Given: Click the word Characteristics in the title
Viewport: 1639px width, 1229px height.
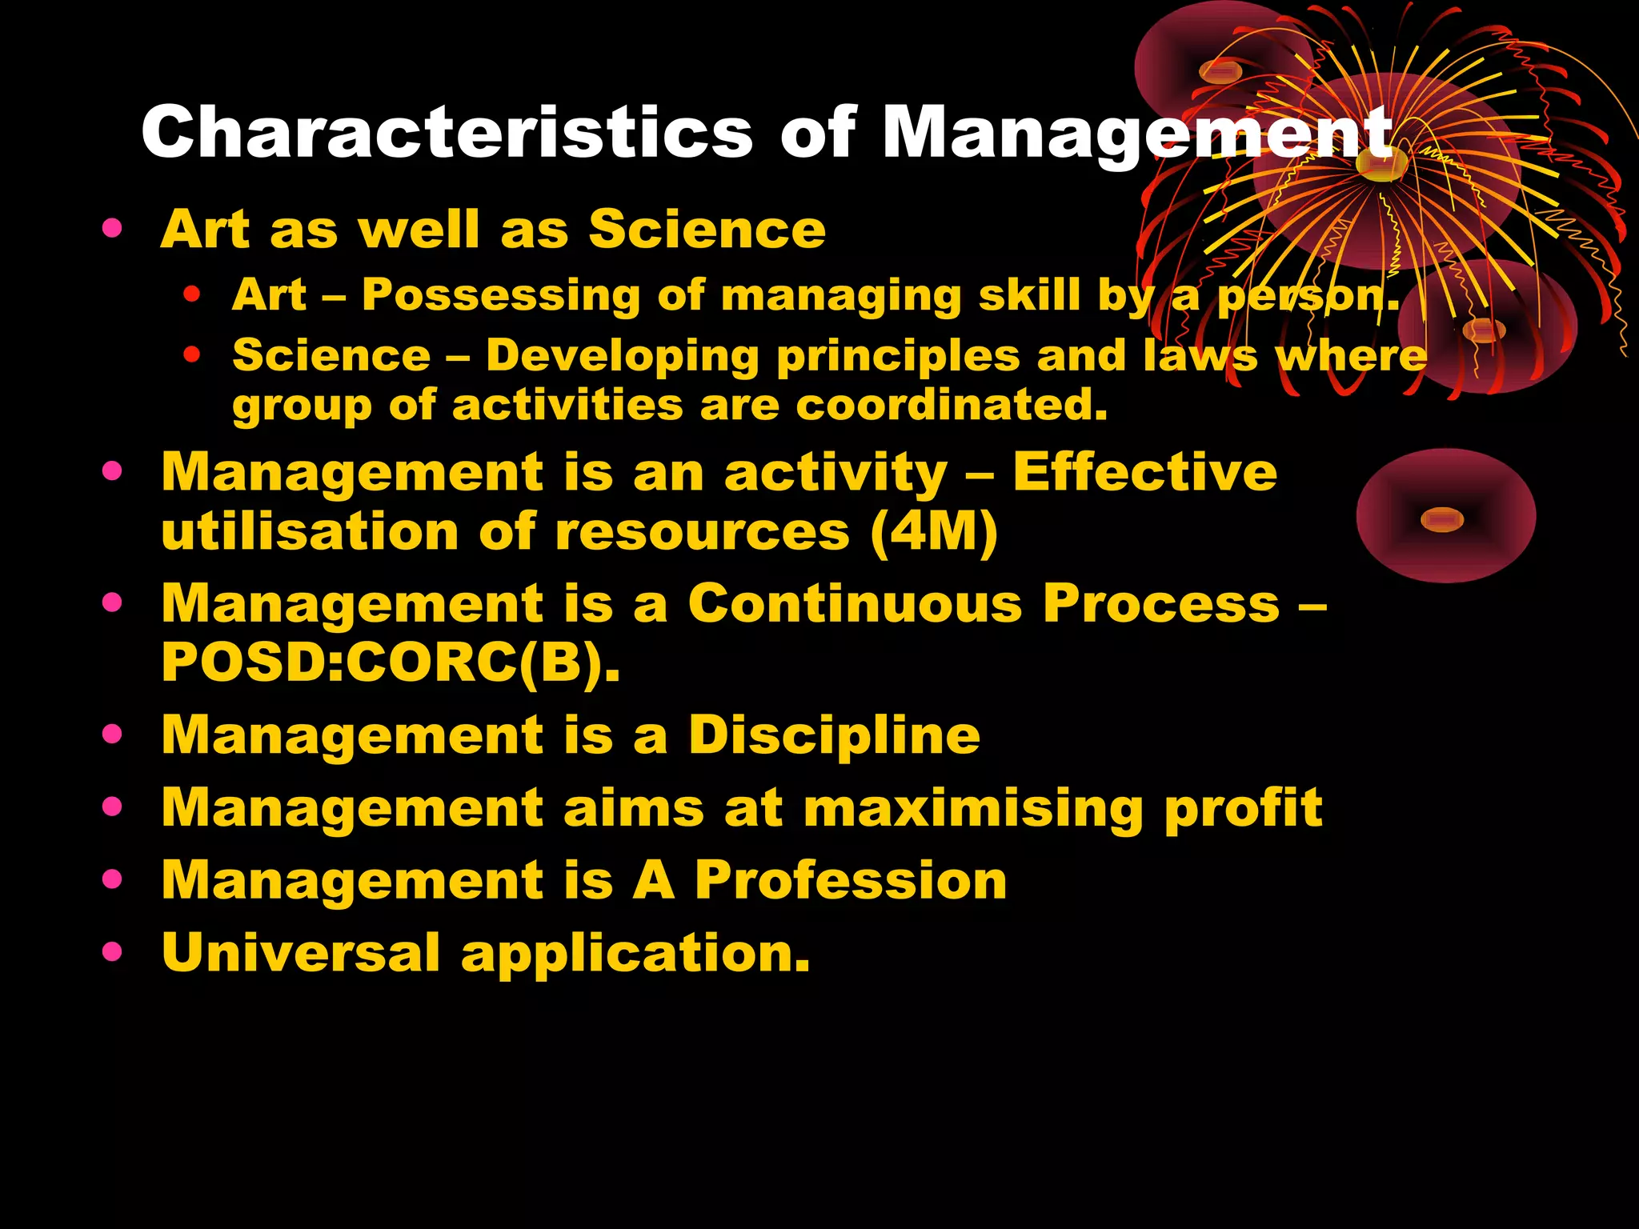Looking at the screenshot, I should click(447, 132).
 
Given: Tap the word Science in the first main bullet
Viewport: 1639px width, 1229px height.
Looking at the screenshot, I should click(707, 230).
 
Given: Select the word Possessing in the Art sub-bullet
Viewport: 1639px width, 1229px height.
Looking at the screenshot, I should click(501, 295).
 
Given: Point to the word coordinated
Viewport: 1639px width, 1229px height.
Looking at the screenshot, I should click(952, 405).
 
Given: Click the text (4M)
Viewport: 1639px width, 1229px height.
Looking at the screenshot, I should click(934, 532).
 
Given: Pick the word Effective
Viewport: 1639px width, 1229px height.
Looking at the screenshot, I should click(1145, 472).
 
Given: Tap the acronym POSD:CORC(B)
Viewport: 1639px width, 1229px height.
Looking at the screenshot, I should click(391, 663).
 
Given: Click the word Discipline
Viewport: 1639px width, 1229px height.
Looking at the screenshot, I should click(835, 735).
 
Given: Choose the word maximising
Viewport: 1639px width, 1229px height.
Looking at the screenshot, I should click(974, 808).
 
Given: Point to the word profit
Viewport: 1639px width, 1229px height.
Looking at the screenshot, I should click(1244, 808).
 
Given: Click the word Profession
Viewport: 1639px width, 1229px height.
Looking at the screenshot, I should click(851, 880).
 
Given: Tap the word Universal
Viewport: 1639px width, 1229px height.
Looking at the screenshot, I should click(301, 953).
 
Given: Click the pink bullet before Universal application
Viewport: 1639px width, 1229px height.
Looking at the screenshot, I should click(112, 951).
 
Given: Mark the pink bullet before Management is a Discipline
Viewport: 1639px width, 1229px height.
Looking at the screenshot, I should click(112, 733).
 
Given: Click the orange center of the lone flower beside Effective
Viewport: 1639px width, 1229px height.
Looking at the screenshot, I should click(1442, 520).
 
